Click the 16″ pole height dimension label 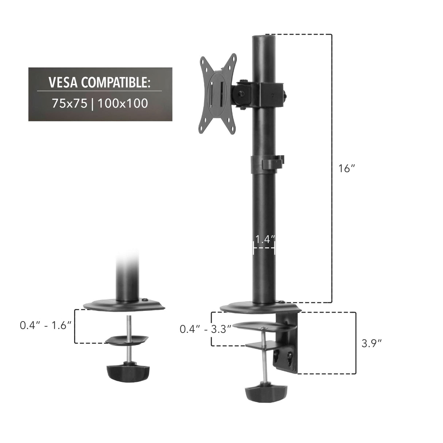(x=346, y=169)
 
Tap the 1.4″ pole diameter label (x=264, y=239)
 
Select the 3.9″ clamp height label (x=371, y=343)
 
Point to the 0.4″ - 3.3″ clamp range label (x=205, y=329)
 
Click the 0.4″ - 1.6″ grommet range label (x=45, y=325)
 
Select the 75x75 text (x=69, y=104)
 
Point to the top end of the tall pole (x=264, y=37)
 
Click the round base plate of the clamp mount (x=255, y=308)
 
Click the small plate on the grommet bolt (x=127, y=339)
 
